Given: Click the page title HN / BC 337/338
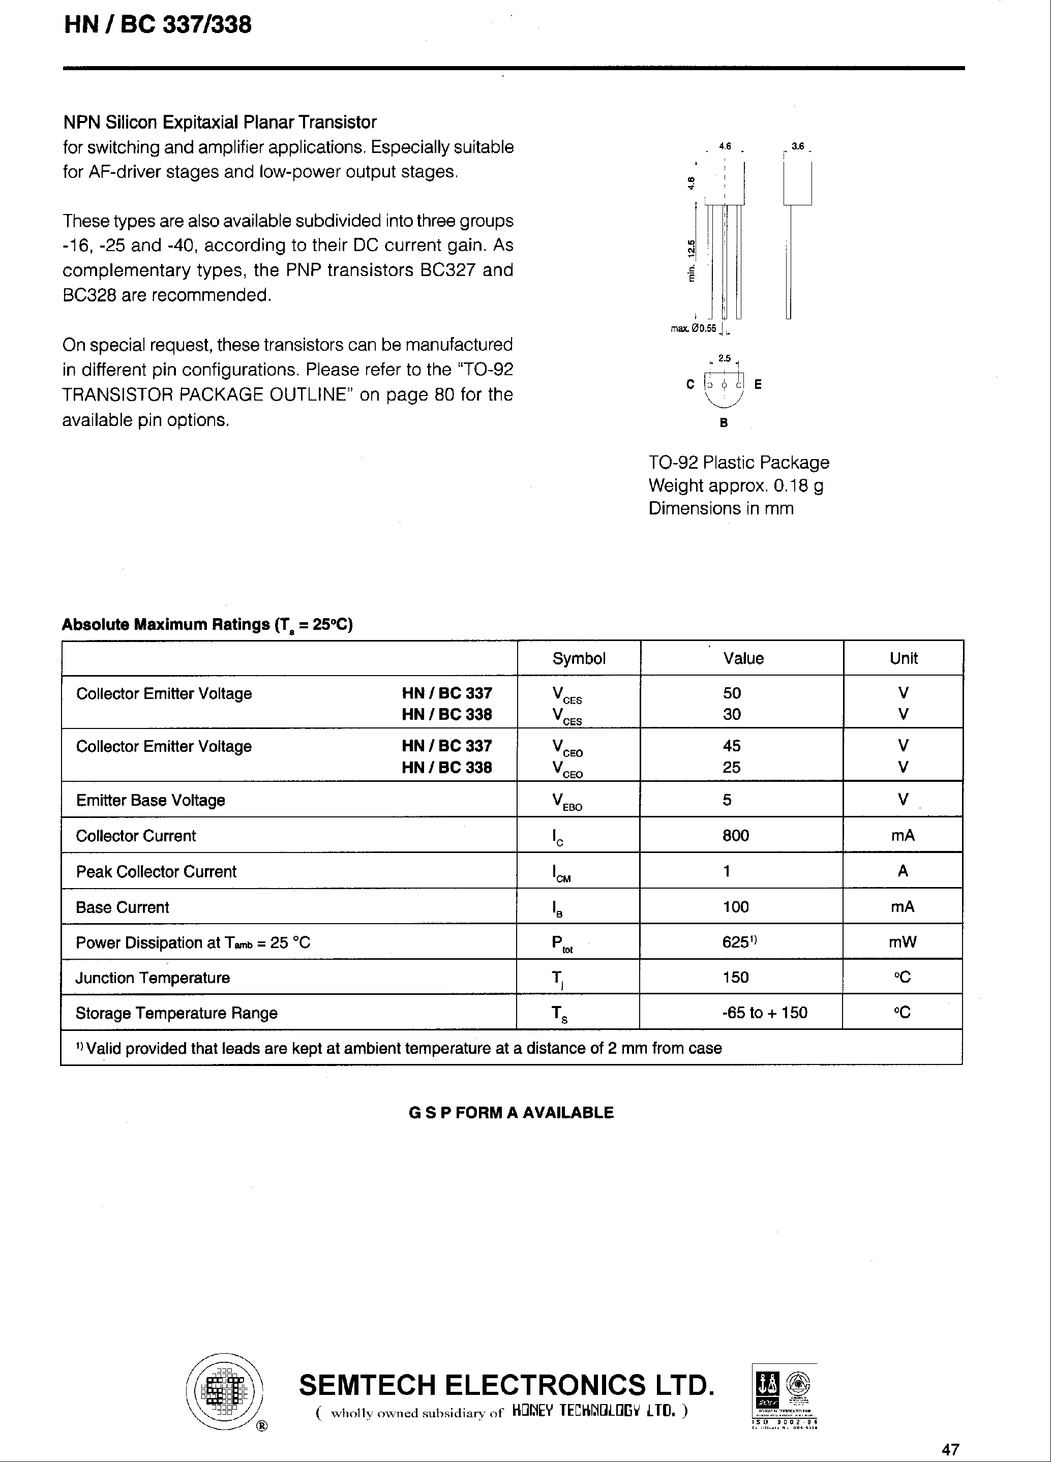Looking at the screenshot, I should point(158,25).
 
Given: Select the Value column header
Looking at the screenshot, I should point(743,658).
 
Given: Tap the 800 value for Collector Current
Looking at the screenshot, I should point(735,835).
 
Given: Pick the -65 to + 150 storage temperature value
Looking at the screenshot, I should point(764,1012).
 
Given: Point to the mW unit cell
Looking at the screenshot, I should point(902,942).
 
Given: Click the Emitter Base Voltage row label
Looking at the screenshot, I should point(150,800).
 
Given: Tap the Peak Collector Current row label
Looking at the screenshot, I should point(156,871).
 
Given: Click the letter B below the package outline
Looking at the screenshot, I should point(724,423).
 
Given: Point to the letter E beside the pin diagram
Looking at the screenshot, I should point(758,384).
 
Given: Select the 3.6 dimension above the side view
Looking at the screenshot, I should point(798,146).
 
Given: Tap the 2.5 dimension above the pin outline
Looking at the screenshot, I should point(724,358).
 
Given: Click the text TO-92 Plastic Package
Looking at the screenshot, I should point(738,462).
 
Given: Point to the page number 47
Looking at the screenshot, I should point(950,1449).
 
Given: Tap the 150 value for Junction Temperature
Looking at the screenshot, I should point(735,977).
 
